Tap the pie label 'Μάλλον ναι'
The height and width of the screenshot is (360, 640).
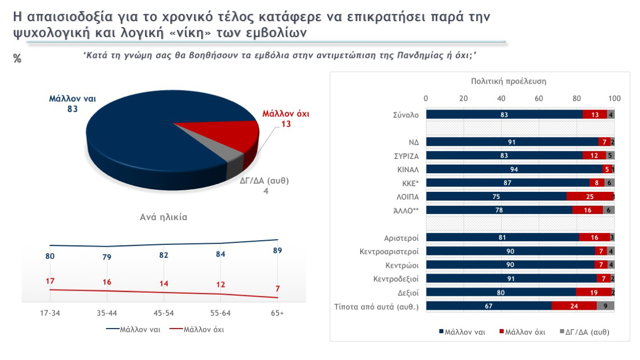pyautogui.click(x=73, y=99)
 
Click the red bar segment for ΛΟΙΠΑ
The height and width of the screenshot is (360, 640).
pyautogui.click(x=590, y=196)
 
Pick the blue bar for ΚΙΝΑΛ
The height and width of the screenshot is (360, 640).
pyautogui.click(x=514, y=169)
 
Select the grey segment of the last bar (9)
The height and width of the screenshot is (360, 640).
pyautogui.click(x=605, y=305)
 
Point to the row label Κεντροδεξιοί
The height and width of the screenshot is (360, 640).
pyautogui.click(x=396, y=279)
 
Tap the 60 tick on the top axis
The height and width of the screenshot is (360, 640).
pyautogui.click(x=539, y=98)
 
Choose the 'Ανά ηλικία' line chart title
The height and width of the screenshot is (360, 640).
pyautogui.click(x=164, y=217)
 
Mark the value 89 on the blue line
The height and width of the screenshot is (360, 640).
pyautogui.click(x=277, y=250)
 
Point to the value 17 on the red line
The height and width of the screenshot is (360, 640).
pyautogui.click(x=50, y=281)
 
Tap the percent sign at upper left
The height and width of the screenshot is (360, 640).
pyautogui.click(x=17, y=59)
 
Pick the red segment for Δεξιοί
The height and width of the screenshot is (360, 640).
pyautogui.click(x=593, y=292)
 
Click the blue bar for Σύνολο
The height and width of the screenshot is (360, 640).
pyautogui.click(x=504, y=115)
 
